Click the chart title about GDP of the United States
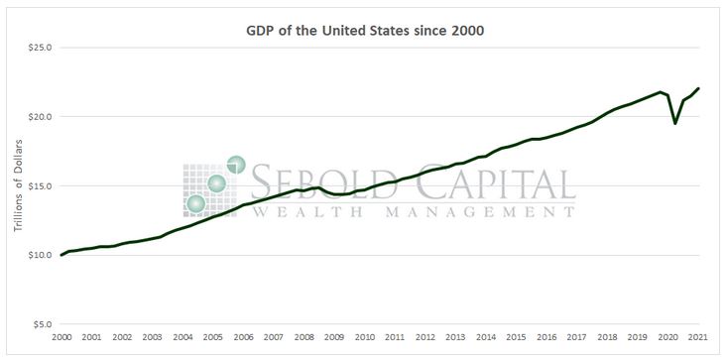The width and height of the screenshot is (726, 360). click(x=364, y=30)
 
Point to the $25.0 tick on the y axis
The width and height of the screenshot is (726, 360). click(x=39, y=47)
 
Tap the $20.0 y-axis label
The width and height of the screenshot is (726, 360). click(x=39, y=116)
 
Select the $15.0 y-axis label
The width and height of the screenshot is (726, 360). click(x=39, y=185)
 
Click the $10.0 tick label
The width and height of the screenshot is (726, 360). click(x=39, y=255)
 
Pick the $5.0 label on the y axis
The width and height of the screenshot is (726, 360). click(x=41, y=324)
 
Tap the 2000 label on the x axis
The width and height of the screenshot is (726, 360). click(x=61, y=337)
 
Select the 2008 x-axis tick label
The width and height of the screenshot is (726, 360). click(x=304, y=337)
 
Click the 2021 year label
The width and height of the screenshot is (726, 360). click(x=698, y=337)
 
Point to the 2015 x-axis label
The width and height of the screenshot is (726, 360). click(x=517, y=337)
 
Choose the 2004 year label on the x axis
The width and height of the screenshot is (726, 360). click(x=182, y=337)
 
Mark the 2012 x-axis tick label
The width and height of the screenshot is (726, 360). click(x=425, y=337)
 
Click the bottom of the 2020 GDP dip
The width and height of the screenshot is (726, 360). click(x=675, y=123)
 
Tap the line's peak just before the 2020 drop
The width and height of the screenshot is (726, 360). click(x=660, y=92)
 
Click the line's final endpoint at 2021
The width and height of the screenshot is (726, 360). click(x=698, y=88)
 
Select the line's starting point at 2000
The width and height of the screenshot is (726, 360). click(x=61, y=255)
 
